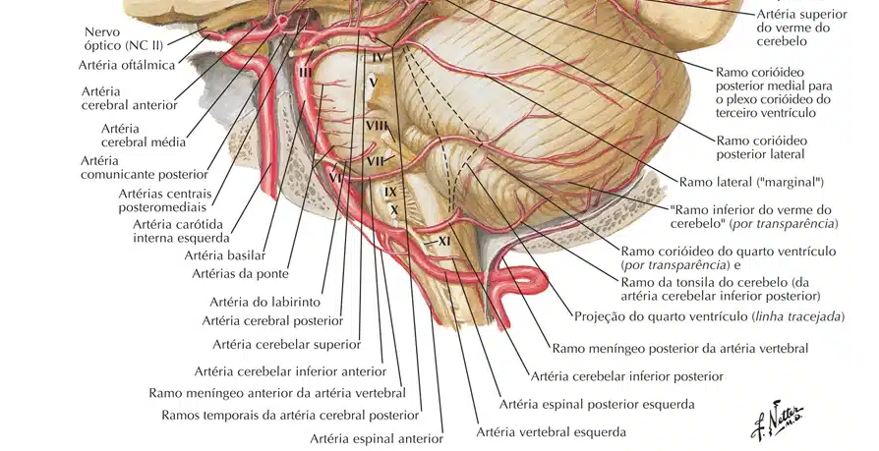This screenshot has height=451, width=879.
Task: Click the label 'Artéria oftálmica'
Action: [x=127, y=66]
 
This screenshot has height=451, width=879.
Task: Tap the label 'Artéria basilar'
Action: [x=224, y=255]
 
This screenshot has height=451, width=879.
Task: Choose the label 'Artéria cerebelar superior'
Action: [x=286, y=344]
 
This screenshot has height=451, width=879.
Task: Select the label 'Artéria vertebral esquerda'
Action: [x=551, y=431]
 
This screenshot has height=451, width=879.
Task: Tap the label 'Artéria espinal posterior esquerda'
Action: [x=597, y=404]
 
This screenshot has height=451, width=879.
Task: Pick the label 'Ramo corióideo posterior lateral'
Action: [x=775, y=146]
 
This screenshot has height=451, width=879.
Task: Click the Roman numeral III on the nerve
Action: [x=305, y=72]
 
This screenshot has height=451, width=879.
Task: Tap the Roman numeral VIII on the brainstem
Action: [x=376, y=126]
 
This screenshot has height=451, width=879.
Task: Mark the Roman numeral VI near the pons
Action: [x=334, y=178]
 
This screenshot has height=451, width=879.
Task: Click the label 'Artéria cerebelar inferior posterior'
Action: [x=626, y=376]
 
